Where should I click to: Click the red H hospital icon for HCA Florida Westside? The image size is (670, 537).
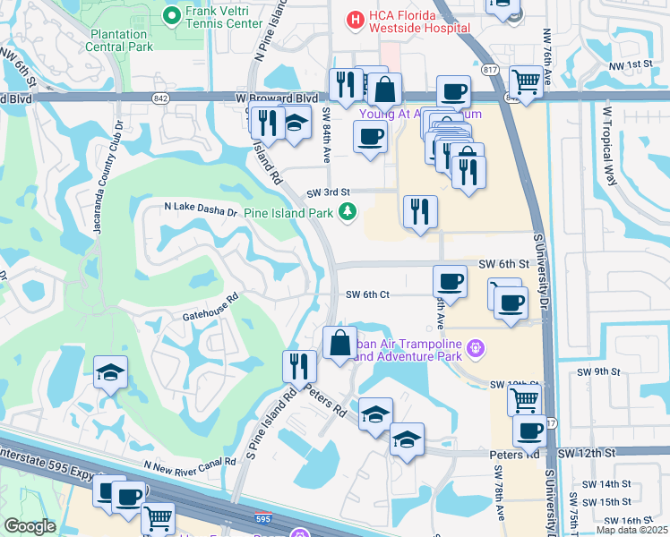pos(356,18)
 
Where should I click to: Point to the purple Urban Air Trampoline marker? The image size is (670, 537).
pos(476,347)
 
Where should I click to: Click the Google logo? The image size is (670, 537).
pos(30,525)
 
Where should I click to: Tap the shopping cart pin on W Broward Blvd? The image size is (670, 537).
pos(528,81)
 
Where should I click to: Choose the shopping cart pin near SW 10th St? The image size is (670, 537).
pos(524,400)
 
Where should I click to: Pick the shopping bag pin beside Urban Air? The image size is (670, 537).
pos(339,343)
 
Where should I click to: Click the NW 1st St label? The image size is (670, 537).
pos(629,64)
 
